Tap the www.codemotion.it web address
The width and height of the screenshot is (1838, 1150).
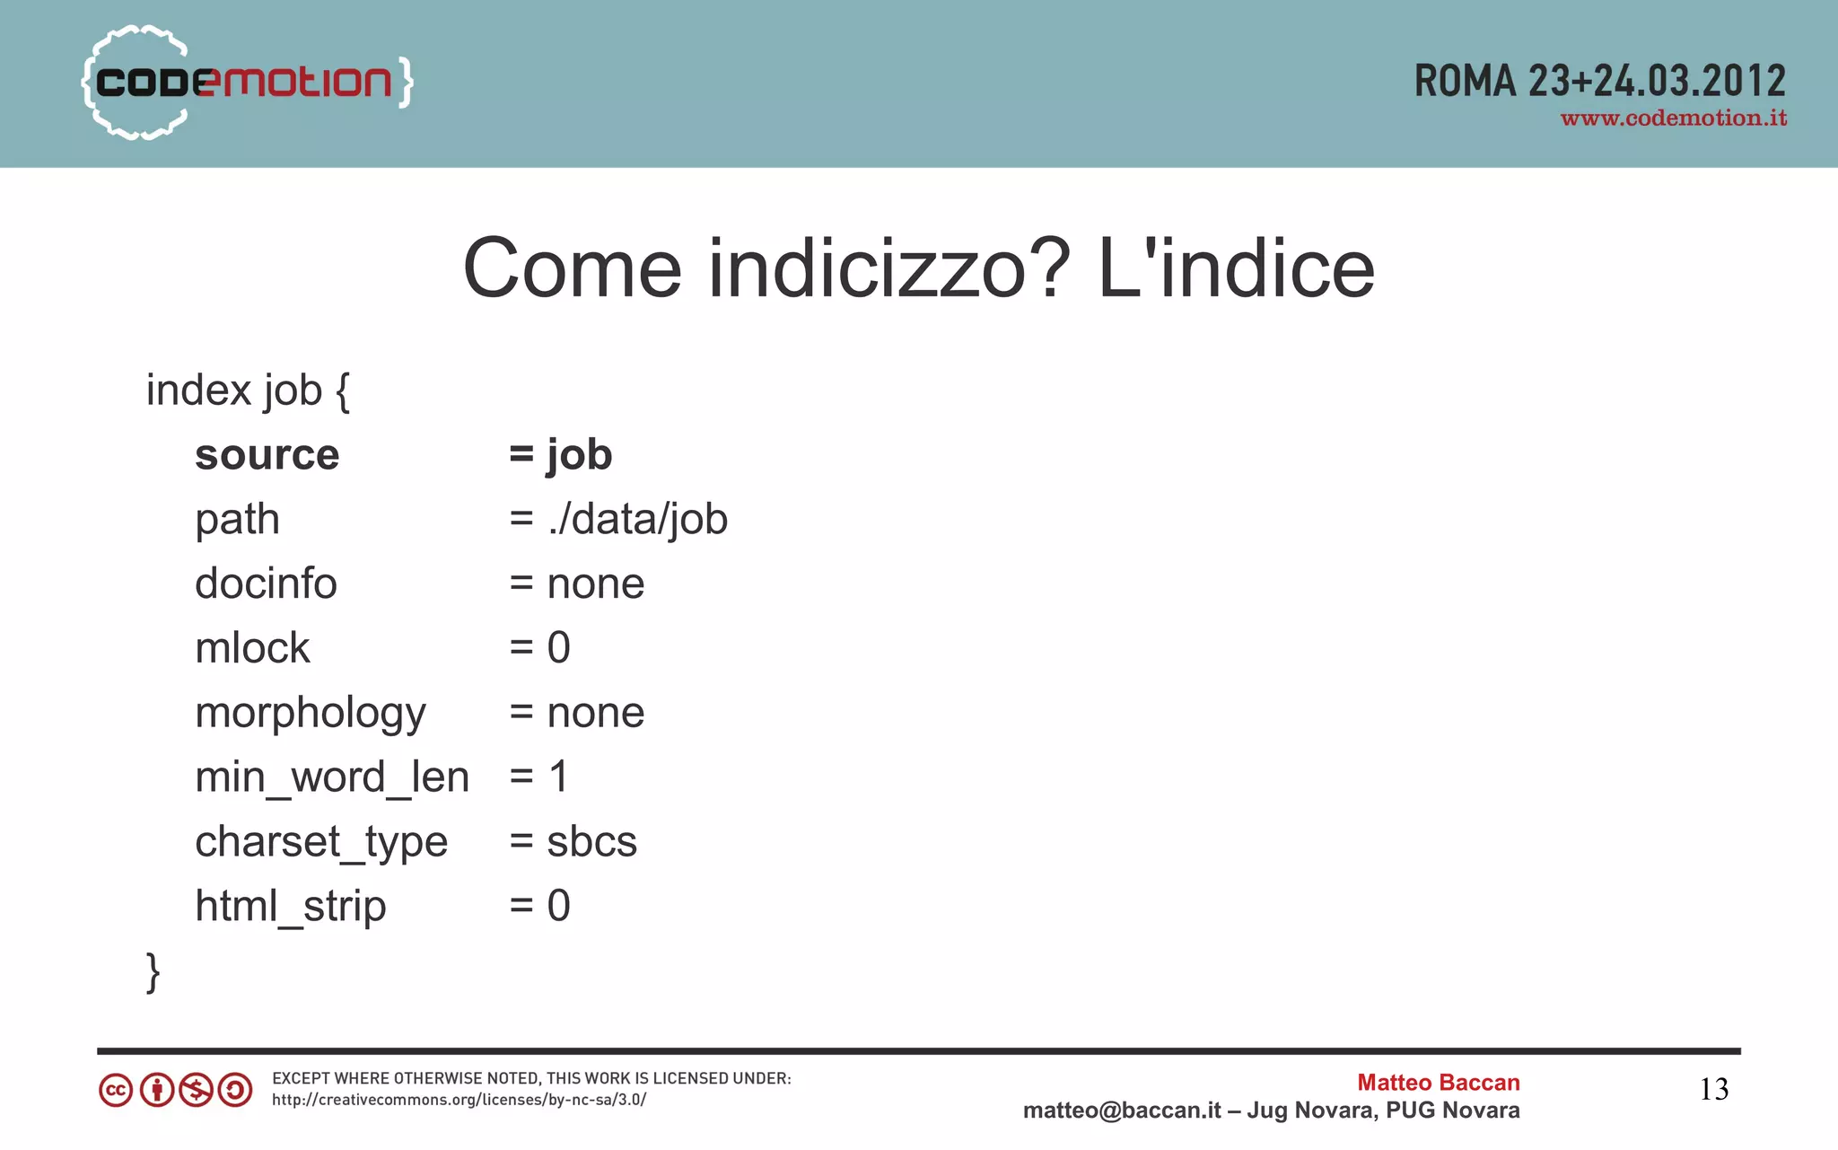click(x=1673, y=119)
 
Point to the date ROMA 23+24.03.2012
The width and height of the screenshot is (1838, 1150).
click(x=1599, y=81)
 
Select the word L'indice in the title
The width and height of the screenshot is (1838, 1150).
click(x=1236, y=268)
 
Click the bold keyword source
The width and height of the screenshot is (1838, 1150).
click(x=267, y=455)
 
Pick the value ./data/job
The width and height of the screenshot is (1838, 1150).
click(x=637, y=520)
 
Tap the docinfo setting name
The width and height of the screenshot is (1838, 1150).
click(x=266, y=584)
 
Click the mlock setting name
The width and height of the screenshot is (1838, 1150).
click(x=252, y=648)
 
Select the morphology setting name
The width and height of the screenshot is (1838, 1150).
click(x=310, y=714)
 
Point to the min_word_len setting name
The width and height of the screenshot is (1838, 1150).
click(x=332, y=777)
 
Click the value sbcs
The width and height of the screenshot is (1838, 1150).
click(x=591, y=842)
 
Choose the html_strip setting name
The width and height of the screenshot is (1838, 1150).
click(x=290, y=907)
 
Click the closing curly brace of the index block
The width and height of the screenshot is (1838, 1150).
click(x=153, y=972)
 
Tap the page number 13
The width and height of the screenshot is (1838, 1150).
click(x=1713, y=1090)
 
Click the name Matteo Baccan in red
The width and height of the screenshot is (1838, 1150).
click(x=1438, y=1083)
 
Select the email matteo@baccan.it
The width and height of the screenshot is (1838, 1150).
click(x=1121, y=1110)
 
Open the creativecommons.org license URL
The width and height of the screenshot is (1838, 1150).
click(x=459, y=1100)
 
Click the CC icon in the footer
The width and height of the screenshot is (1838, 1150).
click(x=116, y=1091)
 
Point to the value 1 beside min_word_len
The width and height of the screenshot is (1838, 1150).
click(x=558, y=777)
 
